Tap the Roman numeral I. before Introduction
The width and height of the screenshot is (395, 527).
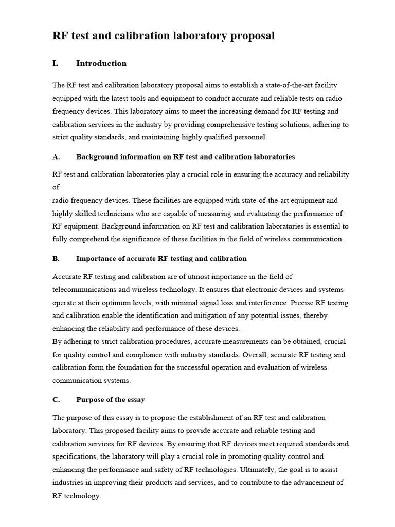pos(56,63)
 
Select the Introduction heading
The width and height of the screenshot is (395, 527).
pos(101,63)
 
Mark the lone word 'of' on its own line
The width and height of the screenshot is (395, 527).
pos(56,187)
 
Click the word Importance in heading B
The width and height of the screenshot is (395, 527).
pos(95,258)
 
